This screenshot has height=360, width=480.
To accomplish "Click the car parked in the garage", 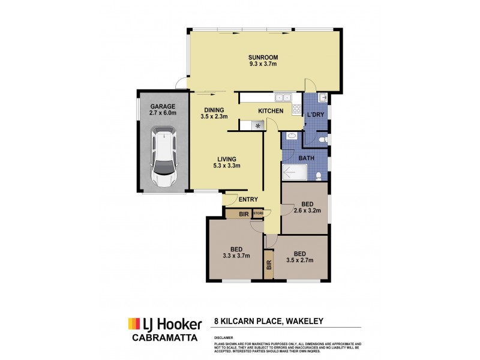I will (163, 157).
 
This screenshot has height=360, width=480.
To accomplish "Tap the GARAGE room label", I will (163, 106).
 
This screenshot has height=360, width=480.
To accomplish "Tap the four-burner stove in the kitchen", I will (296, 109).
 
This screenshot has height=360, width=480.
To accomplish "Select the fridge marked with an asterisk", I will (257, 125).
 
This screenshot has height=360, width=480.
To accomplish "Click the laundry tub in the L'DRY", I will (322, 98).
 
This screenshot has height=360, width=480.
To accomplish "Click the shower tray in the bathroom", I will (295, 173).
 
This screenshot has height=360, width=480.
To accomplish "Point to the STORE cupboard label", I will (258, 213).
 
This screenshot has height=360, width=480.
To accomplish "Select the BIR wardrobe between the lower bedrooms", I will (268, 264).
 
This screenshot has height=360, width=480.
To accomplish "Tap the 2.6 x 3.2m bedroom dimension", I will (307, 211).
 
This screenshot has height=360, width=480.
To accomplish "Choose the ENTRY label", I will (248, 200).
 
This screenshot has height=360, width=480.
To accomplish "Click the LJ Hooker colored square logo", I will (133, 324).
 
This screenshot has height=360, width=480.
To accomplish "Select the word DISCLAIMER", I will (223, 338).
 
